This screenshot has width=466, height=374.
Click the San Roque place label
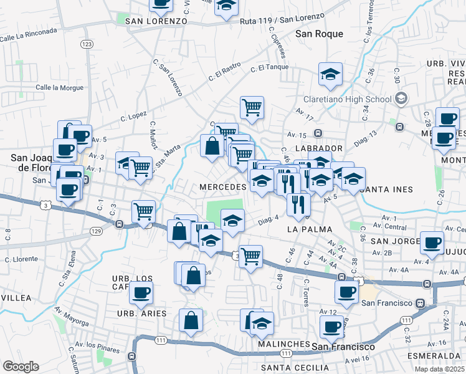319,34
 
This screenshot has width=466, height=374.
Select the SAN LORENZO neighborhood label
156,21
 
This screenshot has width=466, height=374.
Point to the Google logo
21,367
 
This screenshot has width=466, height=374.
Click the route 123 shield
87,44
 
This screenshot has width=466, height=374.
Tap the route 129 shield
95,231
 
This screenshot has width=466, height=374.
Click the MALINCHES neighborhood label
282,344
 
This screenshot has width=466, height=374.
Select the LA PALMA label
307,229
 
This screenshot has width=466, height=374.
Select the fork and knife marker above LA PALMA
298,203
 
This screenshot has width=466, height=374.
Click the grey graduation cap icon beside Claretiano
401,98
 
